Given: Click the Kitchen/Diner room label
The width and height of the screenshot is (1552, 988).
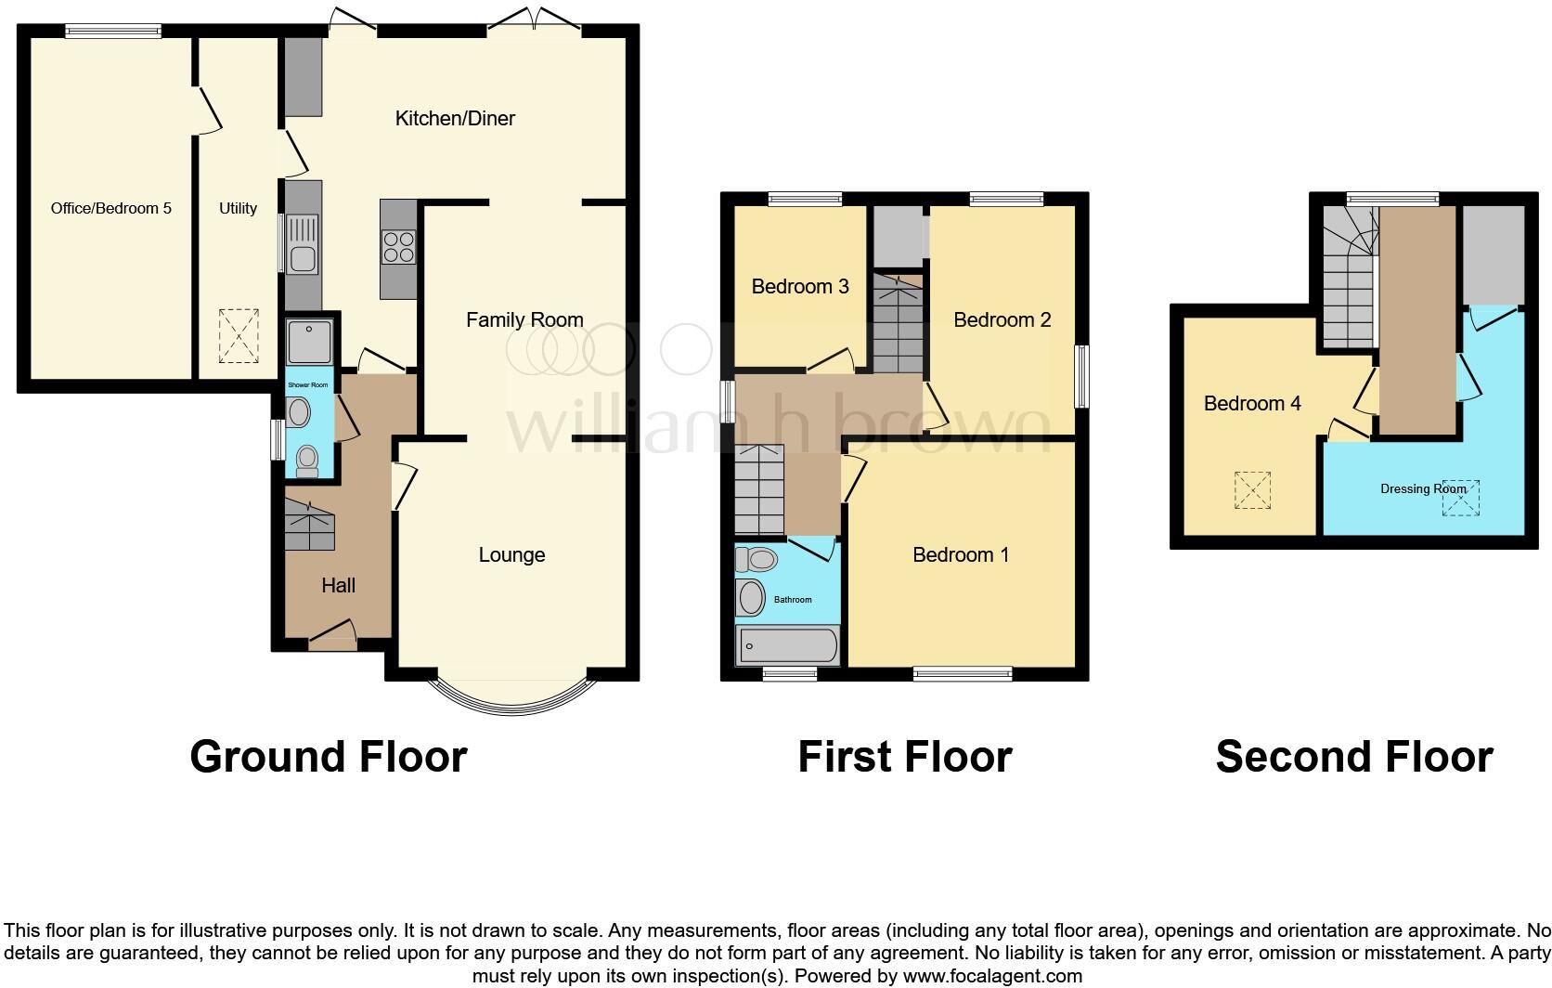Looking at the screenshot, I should (x=455, y=118).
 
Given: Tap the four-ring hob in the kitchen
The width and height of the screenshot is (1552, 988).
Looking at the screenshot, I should (x=398, y=247).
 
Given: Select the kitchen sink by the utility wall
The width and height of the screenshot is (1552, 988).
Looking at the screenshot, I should (x=304, y=244).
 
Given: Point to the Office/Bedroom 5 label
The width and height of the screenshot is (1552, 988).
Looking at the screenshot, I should (x=110, y=208).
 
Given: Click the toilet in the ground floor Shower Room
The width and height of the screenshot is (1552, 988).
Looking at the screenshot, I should (x=306, y=461).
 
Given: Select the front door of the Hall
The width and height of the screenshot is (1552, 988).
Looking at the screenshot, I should (x=332, y=635).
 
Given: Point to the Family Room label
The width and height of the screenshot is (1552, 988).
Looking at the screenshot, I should (x=524, y=320).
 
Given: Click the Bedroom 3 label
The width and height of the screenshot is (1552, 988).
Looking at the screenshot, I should (x=800, y=286).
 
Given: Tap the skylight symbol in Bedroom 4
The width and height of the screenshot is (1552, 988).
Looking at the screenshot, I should (x=1252, y=490).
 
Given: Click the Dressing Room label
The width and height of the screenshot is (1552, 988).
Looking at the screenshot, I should (x=1423, y=489).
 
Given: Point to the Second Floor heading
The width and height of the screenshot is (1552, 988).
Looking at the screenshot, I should (x=1353, y=757).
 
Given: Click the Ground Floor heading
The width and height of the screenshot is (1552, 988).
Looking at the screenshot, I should (x=328, y=757).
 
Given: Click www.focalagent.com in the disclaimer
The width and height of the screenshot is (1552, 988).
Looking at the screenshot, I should (x=991, y=976).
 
